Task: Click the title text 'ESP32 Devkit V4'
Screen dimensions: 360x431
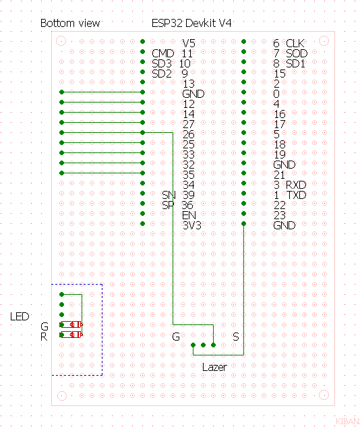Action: tap(191, 24)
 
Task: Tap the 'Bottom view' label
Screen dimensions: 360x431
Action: tap(70, 24)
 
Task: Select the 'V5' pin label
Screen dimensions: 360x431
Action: tap(189, 43)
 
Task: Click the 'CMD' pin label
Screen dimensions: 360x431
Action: tap(163, 53)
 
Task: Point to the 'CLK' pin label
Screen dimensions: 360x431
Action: tap(295, 43)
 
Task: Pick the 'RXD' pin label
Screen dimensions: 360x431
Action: tap(296, 185)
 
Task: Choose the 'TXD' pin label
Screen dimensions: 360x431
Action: tap(297, 195)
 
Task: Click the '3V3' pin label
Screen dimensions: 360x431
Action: tap(192, 225)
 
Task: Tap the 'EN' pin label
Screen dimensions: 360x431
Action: tap(189, 215)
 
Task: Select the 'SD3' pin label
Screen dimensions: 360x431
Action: tap(162, 63)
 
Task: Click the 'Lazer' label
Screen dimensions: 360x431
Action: tap(214, 367)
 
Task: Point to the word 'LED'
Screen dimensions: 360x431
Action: tap(20, 316)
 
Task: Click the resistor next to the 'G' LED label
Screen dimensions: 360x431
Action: tap(71, 324)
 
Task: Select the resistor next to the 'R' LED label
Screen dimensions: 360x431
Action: tap(71, 335)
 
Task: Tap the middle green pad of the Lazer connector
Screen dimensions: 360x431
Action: tap(204, 345)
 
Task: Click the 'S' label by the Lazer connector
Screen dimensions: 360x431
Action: tap(236, 337)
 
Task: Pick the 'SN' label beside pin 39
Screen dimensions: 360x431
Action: tap(169, 195)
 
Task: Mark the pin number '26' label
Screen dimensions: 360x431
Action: tap(189, 134)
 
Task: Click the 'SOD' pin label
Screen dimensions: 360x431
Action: tap(297, 53)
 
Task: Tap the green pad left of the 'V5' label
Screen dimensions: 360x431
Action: tap(143, 42)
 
